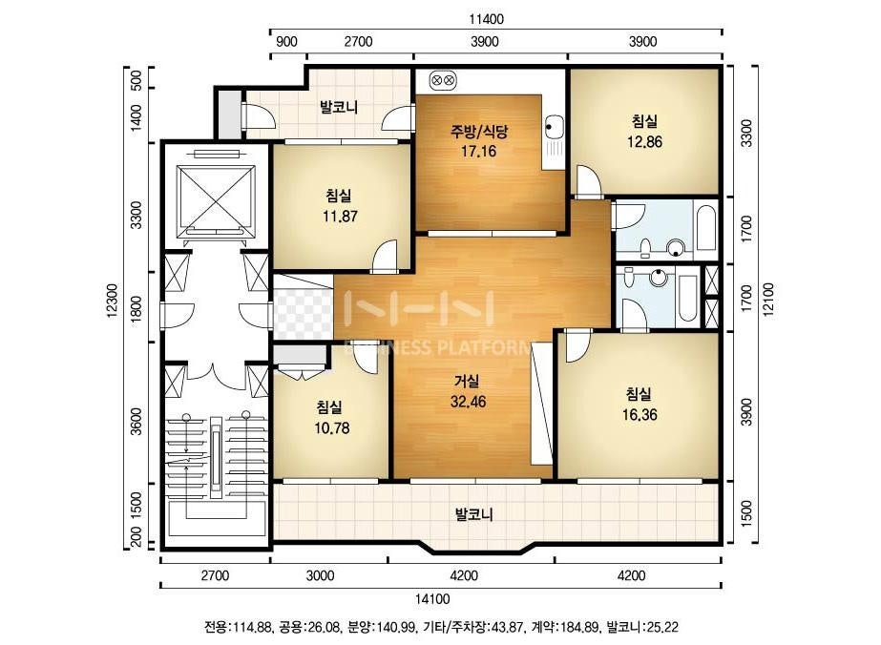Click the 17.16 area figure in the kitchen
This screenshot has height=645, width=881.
coord(478,151)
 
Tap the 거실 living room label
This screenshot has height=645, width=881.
coord(467,382)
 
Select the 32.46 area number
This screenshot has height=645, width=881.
coord(468,402)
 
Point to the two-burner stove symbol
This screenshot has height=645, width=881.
coord(443,80)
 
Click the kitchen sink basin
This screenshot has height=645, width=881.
coord(553,126)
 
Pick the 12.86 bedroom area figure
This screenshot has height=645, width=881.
coord(644,141)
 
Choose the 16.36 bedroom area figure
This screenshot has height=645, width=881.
coord(640,415)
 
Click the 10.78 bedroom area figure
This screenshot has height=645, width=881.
coord(331,428)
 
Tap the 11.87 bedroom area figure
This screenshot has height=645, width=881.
coord(340,216)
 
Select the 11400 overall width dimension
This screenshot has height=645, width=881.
coord(487,19)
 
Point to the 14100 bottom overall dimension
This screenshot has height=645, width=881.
coord(432,599)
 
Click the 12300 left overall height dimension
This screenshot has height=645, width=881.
coord(112,302)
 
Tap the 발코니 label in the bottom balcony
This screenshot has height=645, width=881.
coord(473,514)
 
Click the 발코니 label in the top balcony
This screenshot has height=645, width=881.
coord(339,107)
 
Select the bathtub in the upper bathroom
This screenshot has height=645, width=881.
coord(705,229)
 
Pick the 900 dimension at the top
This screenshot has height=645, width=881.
coord(286,42)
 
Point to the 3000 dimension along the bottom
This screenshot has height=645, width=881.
coord(321,575)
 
